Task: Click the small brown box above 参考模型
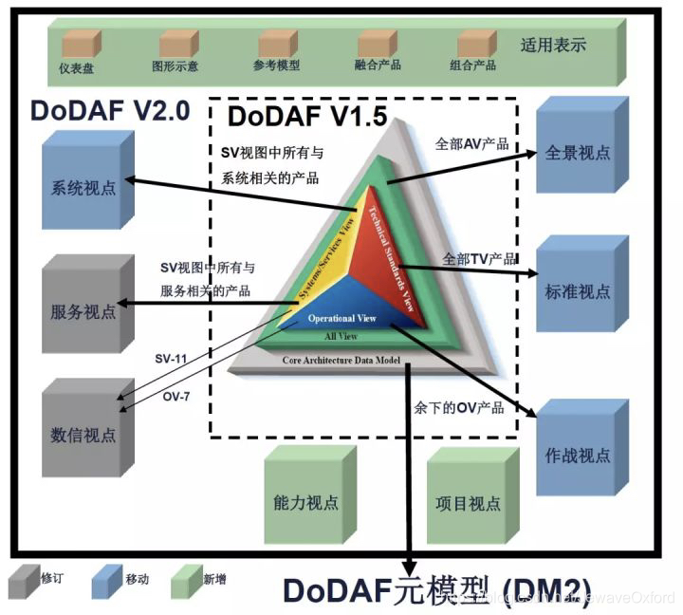276,43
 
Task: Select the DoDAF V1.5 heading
292,119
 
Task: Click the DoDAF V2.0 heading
110,110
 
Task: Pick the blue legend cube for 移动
106,578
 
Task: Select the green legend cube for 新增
186,578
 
